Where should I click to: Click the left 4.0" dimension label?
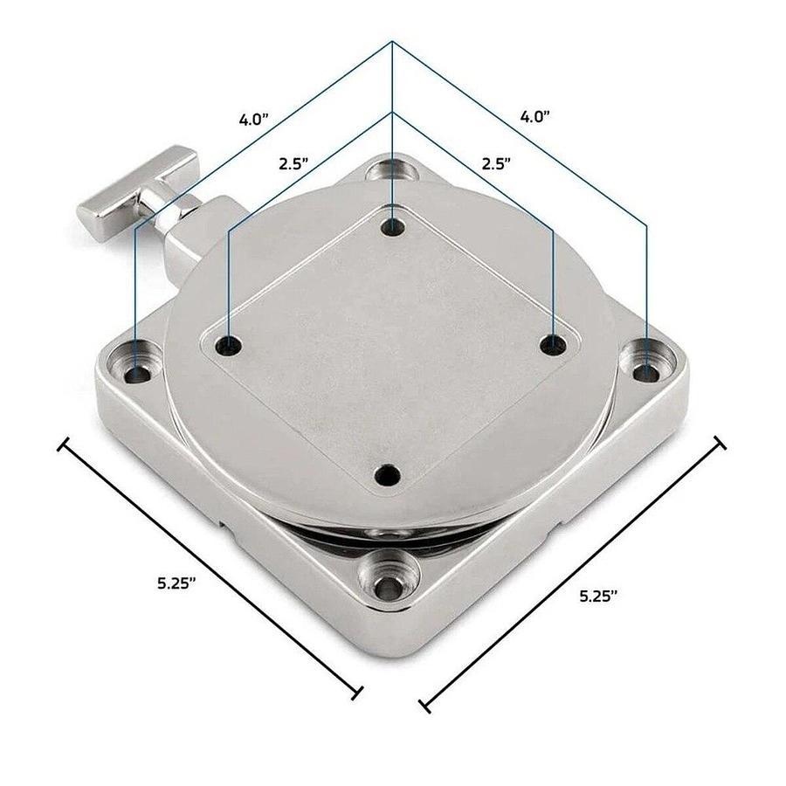tap(256, 119)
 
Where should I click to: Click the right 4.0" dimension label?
tap(535, 115)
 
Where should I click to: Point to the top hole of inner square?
tap(394, 226)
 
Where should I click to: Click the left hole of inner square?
tap(230, 344)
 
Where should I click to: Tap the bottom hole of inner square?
tap(385, 476)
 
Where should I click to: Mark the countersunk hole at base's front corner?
tap(382, 583)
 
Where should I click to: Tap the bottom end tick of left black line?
tap(357, 693)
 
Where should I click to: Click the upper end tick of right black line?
tap(720, 444)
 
